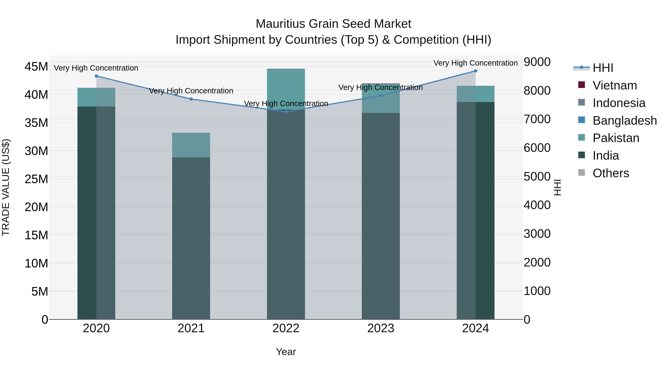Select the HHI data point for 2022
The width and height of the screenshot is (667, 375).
(286, 111)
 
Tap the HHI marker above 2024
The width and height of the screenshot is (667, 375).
(475, 71)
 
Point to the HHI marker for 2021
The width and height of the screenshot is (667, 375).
(191, 99)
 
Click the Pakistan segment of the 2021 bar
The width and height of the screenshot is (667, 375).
(191, 145)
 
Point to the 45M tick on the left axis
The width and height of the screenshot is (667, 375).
(36, 66)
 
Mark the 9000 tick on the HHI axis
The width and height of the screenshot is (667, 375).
(537, 62)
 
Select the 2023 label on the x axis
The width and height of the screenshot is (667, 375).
(381, 328)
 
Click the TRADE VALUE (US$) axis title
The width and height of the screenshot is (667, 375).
(6, 187)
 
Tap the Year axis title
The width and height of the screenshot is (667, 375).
(286, 352)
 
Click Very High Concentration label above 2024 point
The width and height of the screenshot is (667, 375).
(475, 63)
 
